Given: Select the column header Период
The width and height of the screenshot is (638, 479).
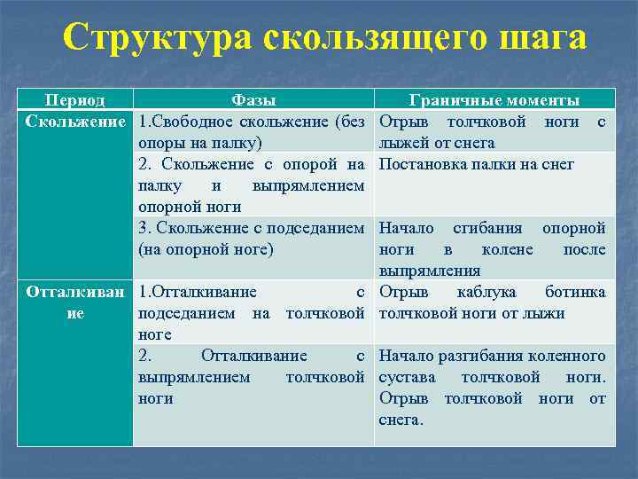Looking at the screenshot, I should tap(75, 101).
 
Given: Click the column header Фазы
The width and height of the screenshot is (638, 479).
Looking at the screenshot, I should tap(253, 101).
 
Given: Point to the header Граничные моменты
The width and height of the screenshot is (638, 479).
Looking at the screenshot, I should tap(494, 101).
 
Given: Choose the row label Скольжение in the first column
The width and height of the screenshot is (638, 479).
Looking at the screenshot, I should tap(75, 122).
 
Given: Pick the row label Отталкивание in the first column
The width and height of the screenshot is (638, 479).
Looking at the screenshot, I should tap(75, 302).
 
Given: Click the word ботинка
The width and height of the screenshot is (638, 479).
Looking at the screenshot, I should tap(575, 292).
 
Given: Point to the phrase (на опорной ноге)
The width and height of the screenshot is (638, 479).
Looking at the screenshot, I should tap(206, 249).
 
